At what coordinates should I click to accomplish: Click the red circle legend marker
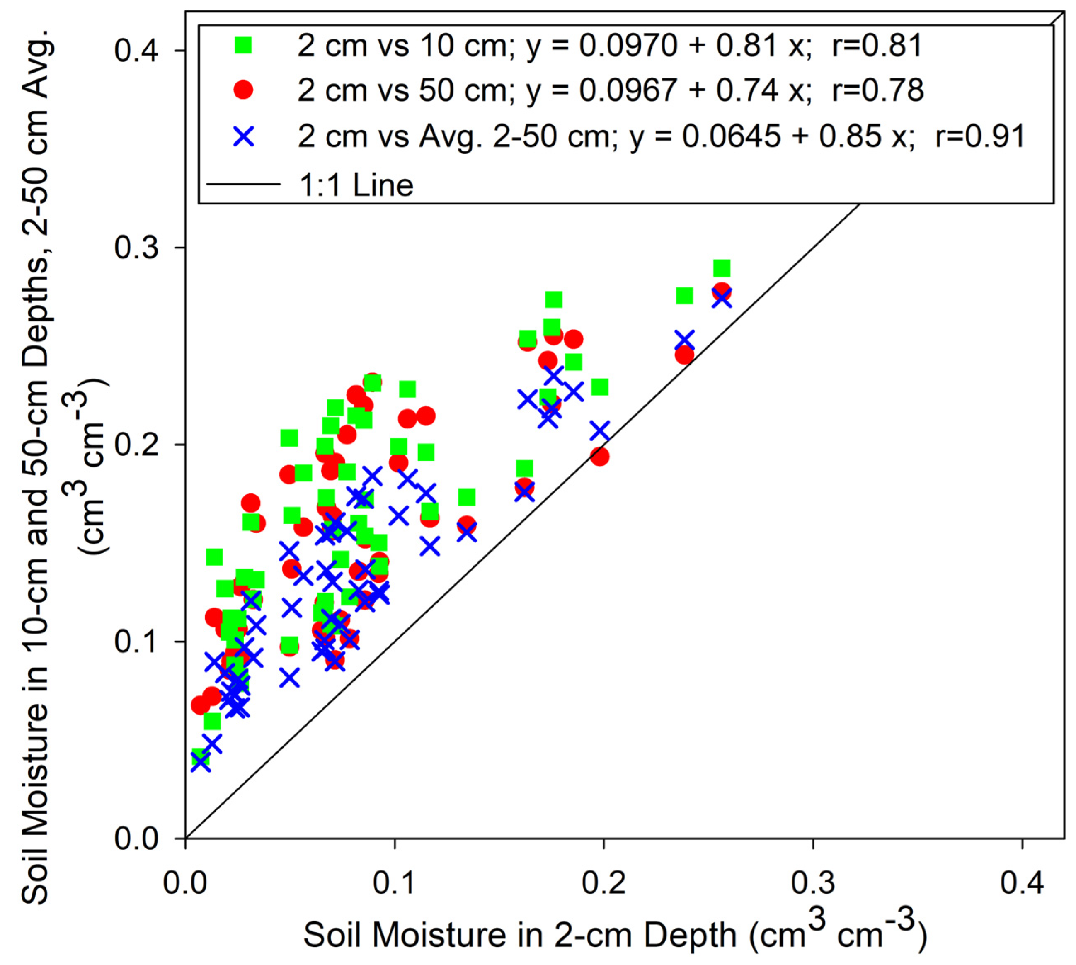pyautogui.click(x=243, y=90)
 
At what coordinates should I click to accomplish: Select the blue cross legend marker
pyautogui.click(x=243, y=137)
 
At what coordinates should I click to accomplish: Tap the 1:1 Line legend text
pyautogui.click(x=356, y=185)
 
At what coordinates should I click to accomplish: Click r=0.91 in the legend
pyautogui.click(x=981, y=137)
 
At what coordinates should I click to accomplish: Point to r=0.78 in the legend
pyautogui.click(x=878, y=90)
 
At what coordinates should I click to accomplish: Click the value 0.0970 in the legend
pyautogui.click(x=628, y=46)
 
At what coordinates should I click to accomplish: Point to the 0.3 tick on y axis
pyautogui.click(x=137, y=248)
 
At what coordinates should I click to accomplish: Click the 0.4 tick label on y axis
pyautogui.click(x=137, y=51)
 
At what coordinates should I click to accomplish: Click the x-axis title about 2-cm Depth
pyautogui.click(x=615, y=934)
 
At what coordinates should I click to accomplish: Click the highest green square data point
pyautogui.click(x=721, y=268)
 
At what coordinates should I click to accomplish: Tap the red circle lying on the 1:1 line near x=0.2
pyautogui.click(x=599, y=457)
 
